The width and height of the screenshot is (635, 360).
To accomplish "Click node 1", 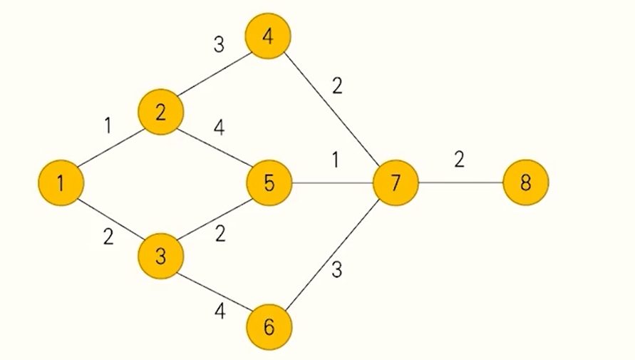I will (61, 183).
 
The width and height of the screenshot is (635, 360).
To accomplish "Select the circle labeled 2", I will (161, 112).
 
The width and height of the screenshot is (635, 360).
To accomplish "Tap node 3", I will (161, 256).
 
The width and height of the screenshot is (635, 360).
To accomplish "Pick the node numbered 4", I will (269, 37).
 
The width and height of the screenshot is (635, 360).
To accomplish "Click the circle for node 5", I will (269, 183).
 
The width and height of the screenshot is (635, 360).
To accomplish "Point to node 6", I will (269, 327).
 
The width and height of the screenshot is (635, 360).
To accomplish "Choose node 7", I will (395, 183).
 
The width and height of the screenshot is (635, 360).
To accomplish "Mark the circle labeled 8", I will (526, 183).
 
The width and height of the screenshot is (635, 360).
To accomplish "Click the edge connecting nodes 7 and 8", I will (460, 183).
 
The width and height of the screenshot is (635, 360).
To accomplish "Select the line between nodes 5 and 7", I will (332, 183).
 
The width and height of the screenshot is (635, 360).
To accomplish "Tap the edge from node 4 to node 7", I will (332, 110).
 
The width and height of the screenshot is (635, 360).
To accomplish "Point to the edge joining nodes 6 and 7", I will (332, 255).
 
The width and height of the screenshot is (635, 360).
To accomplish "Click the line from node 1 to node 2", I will (111, 148).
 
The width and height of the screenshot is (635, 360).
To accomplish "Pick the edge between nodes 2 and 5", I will (215, 148).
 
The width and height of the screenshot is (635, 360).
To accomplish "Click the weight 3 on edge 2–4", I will (219, 45).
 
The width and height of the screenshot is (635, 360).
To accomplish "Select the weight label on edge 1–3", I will (108, 236).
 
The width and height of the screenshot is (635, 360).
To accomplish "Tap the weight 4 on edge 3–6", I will (220, 311).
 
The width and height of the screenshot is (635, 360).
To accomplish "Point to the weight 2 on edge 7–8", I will (459, 159).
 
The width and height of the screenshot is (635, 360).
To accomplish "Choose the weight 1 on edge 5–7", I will (335, 160).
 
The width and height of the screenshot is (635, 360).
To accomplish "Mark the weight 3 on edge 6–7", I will (337, 270).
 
